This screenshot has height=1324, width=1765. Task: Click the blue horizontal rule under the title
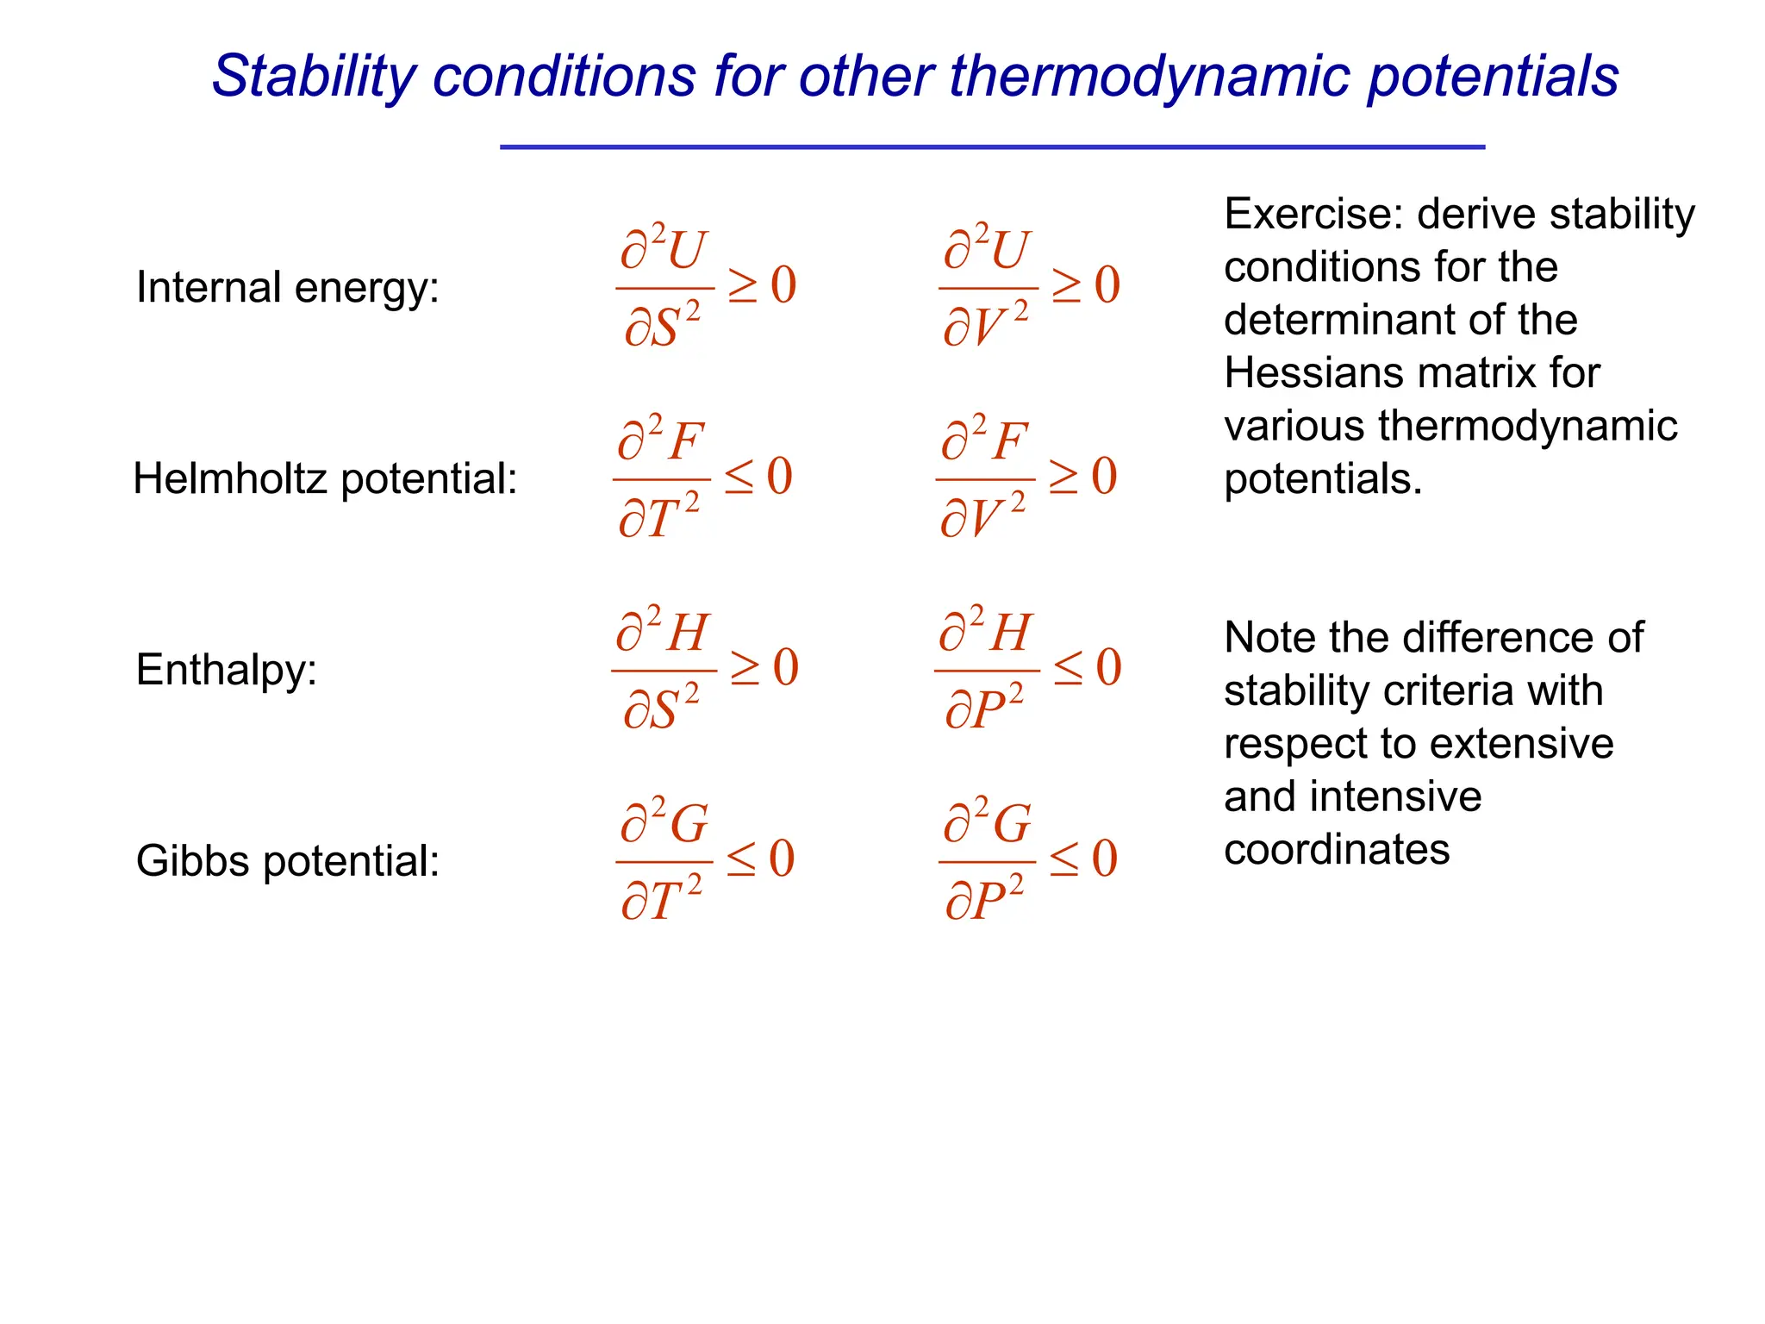click(991, 147)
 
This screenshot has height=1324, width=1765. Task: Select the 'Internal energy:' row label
click(287, 287)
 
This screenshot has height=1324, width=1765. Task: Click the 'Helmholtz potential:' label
click(325, 478)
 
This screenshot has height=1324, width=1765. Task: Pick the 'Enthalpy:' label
click(227, 670)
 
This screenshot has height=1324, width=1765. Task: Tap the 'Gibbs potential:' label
click(287, 860)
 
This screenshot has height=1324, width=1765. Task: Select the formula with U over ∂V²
click(1030, 287)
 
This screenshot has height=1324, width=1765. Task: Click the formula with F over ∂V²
click(1027, 478)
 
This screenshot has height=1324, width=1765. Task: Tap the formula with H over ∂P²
click(1028, 670)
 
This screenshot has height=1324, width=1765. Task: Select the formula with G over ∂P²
click(1028, 860)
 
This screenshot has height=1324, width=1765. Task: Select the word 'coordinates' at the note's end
click(1336, 849)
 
